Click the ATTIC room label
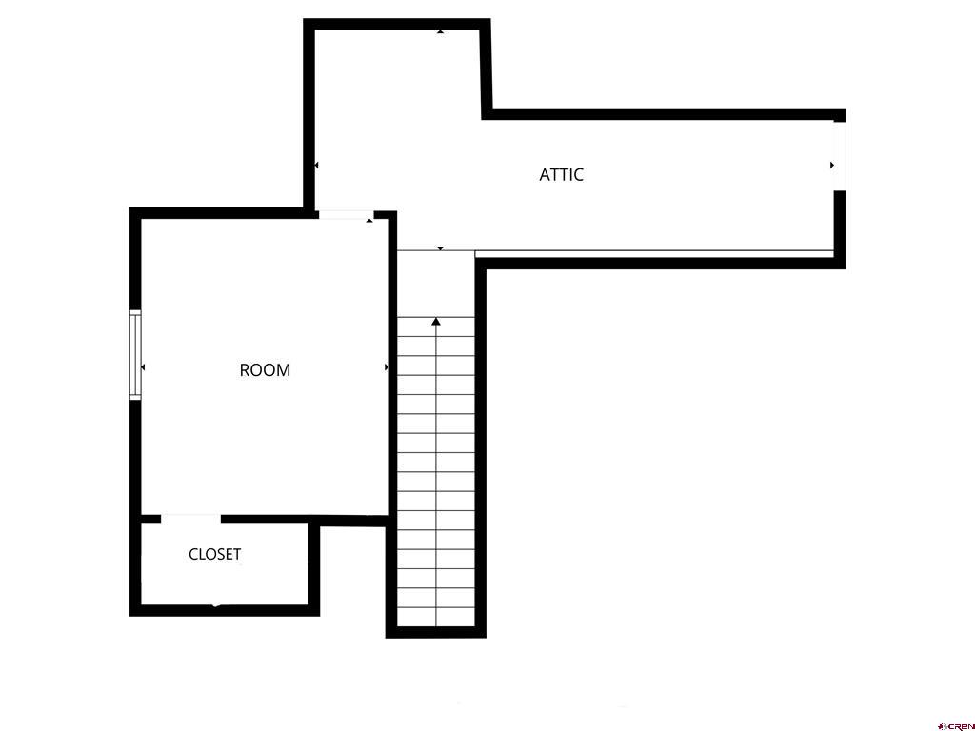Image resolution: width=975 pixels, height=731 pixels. point(561,174)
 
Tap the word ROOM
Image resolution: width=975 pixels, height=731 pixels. point(265,370)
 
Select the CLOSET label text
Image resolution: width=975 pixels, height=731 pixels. point(214,554)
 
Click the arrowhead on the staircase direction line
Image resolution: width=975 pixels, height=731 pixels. point(436,322)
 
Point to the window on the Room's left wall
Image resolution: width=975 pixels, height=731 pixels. point(135,354)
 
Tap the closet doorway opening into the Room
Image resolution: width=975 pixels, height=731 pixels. point(190,519)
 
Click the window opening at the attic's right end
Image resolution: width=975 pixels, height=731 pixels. point(839,155)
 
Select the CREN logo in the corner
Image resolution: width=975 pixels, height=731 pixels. point(954,724)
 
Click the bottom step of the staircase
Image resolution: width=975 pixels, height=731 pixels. point(436,617)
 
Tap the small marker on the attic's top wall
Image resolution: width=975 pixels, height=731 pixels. point(440,31)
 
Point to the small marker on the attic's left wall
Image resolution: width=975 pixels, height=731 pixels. point(316,166)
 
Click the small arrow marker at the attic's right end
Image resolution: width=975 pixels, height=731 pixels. point(831,166)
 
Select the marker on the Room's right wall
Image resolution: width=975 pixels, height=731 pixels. point(386,366)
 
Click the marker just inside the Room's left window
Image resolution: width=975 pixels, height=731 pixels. point(143,366)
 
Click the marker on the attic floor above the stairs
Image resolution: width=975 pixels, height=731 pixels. point(440,248)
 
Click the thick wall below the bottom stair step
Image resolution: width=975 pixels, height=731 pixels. point(436,632)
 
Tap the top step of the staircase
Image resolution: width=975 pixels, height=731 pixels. point(436,326)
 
